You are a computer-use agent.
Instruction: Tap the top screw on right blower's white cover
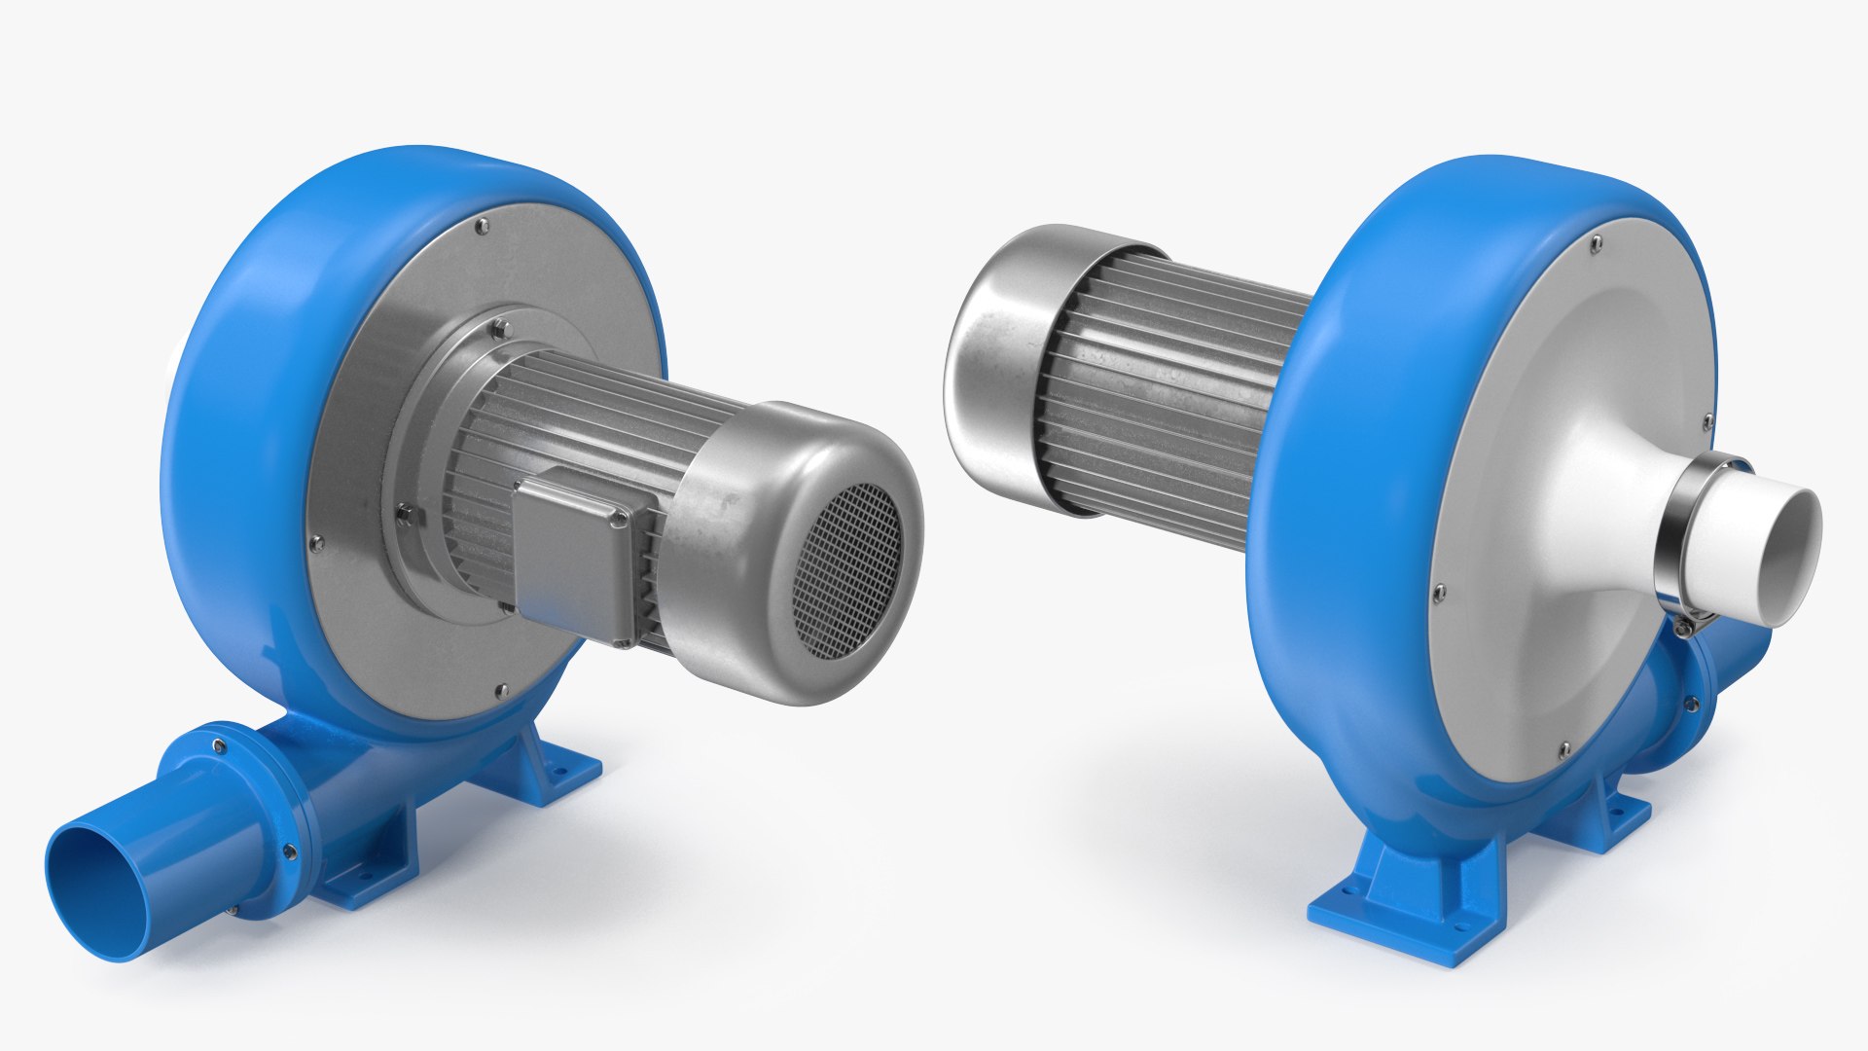click(1596, 239)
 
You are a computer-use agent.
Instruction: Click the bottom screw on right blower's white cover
click(1563, 748)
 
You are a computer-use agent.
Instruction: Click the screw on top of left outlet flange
click(220, 746)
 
